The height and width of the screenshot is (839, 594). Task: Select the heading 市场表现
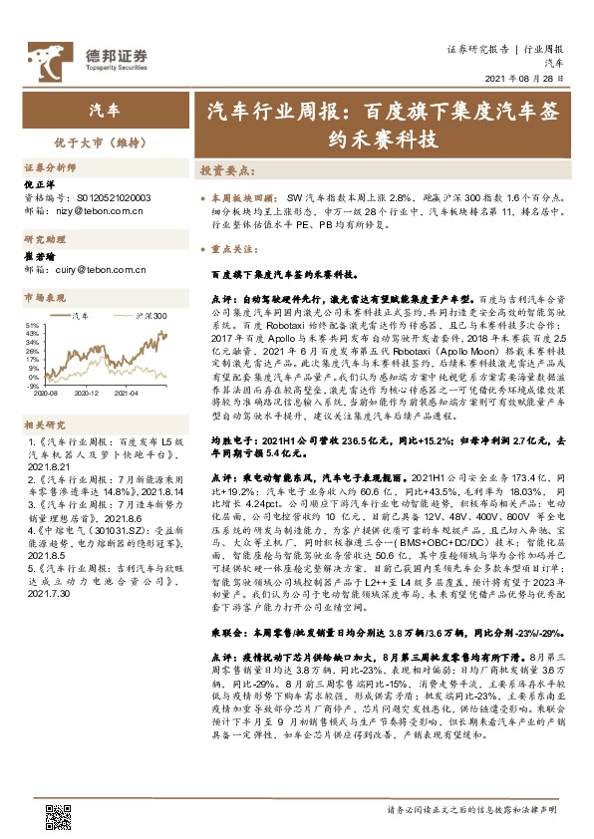(x=45, y=298)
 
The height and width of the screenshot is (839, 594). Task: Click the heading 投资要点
(x=227, y=171)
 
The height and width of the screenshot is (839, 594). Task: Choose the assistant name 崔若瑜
(x=38, y=256)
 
